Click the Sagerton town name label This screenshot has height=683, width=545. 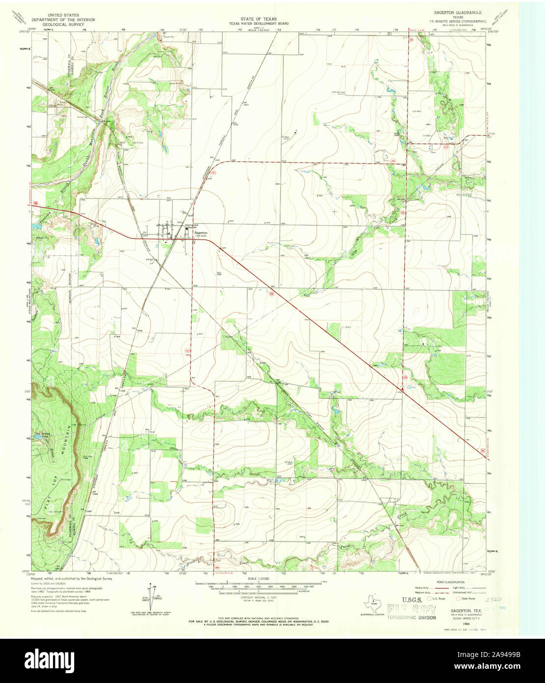201,232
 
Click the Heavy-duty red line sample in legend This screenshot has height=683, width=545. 444,588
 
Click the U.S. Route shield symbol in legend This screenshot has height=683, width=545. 428,599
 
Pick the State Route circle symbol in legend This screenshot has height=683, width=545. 458,599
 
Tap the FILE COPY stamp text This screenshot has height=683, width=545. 411,611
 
